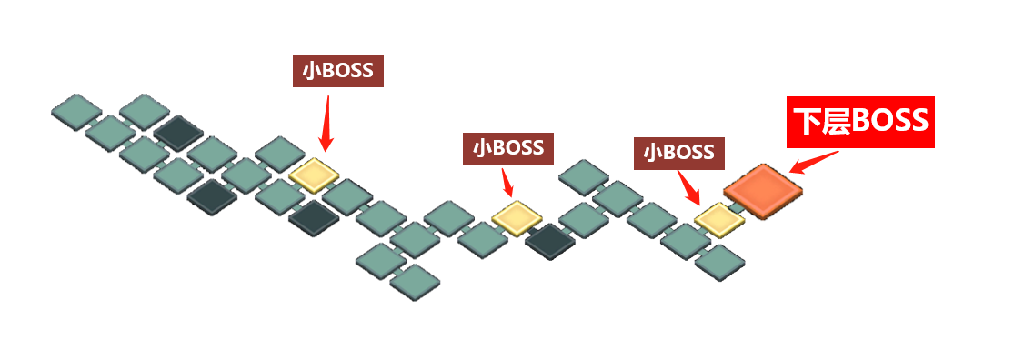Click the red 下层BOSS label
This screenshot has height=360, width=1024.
coord(860,122)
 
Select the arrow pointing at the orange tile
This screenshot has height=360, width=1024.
coord(814,162)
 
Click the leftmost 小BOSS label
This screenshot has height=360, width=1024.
coord(337,70)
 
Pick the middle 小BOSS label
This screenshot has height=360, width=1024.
coord(508,147)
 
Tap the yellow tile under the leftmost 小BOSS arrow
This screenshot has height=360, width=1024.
coord(314,175)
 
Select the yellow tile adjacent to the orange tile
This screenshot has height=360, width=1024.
coord(719,220)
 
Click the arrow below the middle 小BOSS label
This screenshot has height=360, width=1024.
coord(508,182)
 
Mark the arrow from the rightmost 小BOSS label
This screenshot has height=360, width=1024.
coord(688,188)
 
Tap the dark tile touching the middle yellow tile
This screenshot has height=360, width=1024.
coord(550,241)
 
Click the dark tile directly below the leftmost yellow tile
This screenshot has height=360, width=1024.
coord(314,219)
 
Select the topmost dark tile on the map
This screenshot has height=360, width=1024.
coord(178,133)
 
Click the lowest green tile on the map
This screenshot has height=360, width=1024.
coord(415,282)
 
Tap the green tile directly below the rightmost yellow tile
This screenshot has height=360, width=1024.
coord(719,263)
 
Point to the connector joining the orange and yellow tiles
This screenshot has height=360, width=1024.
coord(738,206)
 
